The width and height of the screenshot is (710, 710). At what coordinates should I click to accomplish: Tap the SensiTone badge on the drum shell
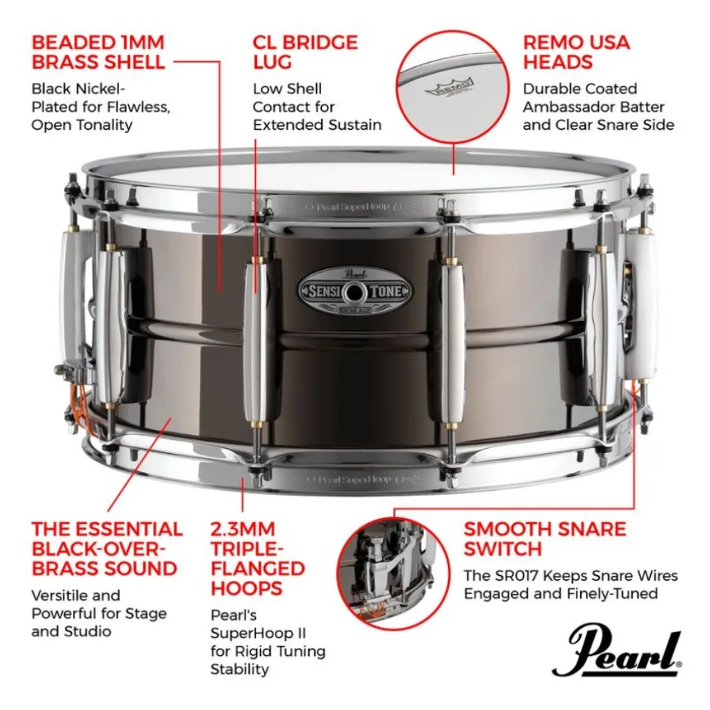click(x=356, y=292)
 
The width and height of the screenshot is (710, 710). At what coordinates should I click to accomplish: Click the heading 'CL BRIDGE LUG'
click(x=304, y=51)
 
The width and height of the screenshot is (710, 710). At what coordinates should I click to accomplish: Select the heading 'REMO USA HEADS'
click(x=576, y=51)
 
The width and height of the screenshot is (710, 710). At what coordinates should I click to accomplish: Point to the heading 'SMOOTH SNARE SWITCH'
click(x=545, y=539)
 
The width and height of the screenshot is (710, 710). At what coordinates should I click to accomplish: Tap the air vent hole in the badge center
click(x=356, y=292)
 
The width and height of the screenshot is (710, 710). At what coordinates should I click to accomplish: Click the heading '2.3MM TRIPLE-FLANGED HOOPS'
click(x=257, y=558)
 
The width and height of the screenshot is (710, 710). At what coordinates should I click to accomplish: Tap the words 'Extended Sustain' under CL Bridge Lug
click(x=317, y=125)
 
